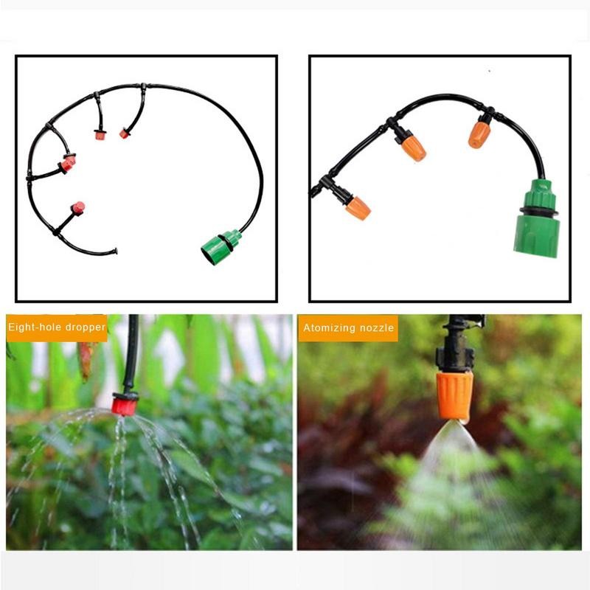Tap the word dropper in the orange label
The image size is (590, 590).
[x=86, y=327]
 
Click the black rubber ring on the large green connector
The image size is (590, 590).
[x=537, y=212]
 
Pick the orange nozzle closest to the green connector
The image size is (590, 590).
[x=479, y=134]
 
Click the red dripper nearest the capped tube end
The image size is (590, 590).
[x=77, y=208]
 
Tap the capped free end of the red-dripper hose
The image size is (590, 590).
[x=114, y=251]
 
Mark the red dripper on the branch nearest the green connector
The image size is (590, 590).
[x=124, y=133]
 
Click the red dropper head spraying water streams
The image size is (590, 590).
[x=124, y=404]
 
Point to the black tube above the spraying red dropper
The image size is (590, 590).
[x=133, y=354]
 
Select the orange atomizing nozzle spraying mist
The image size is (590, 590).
[x=454, y=395]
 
